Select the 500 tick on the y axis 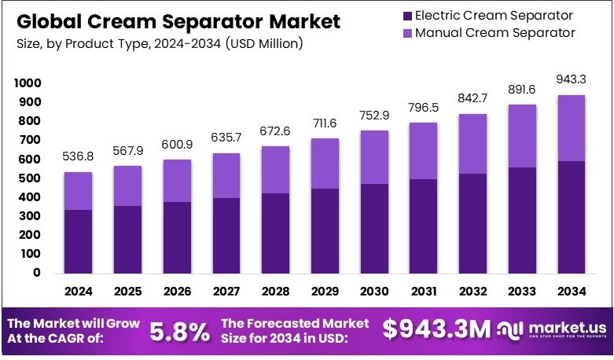tap(29, 178)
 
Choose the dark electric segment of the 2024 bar tap(79, 241)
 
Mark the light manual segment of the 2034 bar tap(571, 128)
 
